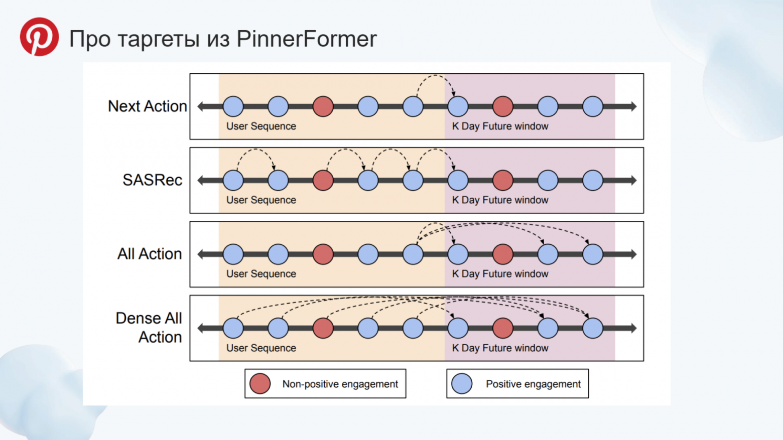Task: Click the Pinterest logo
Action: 39,37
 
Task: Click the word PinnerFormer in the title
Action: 306,39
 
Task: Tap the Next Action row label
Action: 148,106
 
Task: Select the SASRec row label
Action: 153,180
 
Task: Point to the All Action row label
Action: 150,254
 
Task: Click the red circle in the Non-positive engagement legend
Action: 260,384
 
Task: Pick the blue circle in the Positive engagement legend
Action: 462,384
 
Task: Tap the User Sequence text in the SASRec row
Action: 261,200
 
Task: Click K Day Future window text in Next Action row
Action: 500,126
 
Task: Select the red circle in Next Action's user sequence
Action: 323,106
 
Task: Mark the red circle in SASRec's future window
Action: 503,181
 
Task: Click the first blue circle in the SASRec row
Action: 233,181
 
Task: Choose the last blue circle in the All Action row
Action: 593,254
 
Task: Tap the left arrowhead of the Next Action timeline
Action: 201,106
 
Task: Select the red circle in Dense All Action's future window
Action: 503,328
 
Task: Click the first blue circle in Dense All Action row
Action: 233,328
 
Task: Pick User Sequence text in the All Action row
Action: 261,274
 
